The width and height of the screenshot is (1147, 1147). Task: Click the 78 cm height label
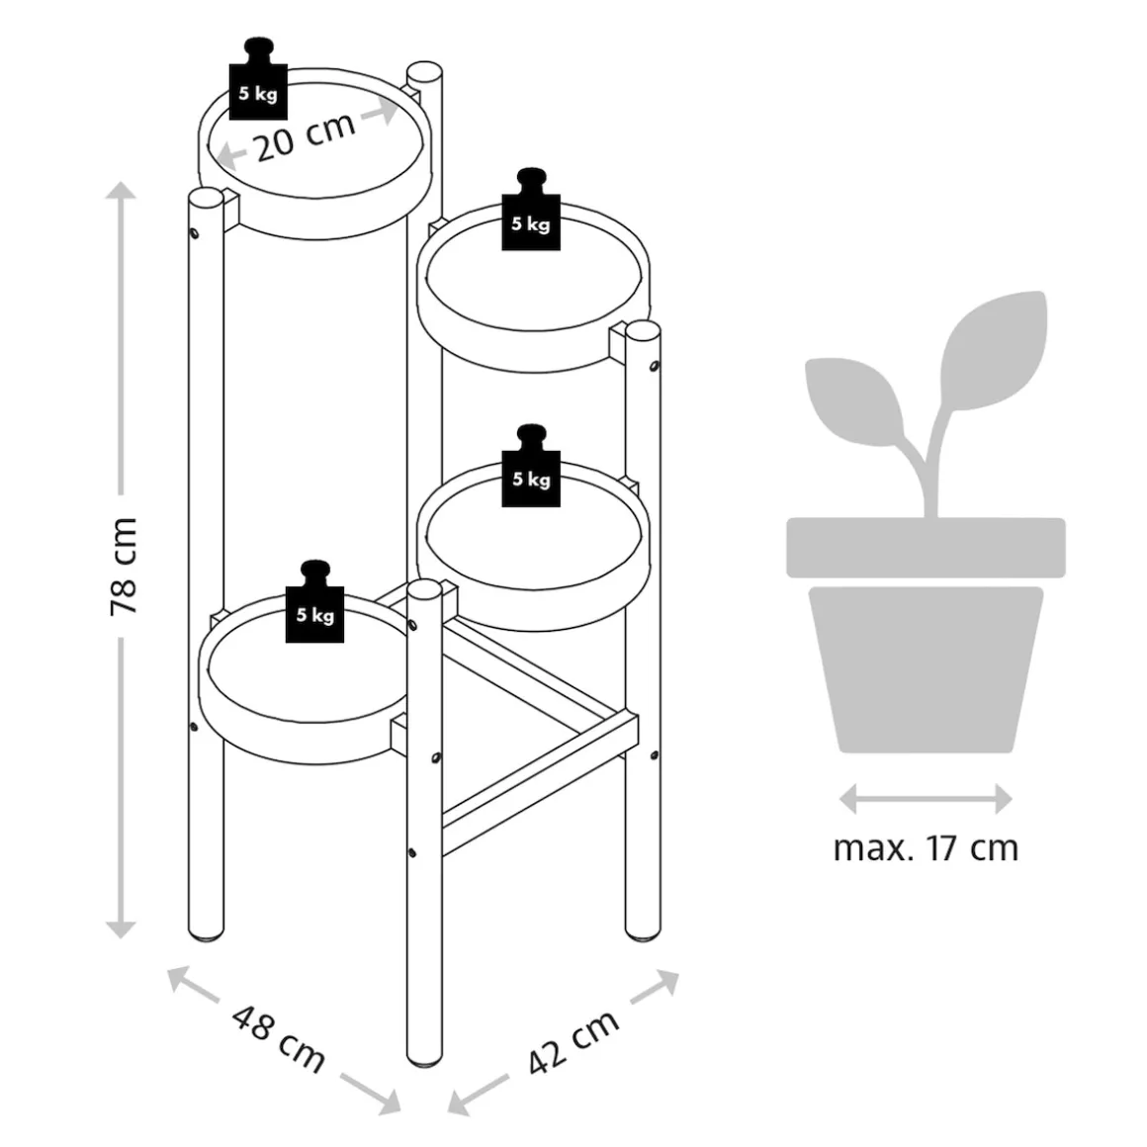(x=123, y=566)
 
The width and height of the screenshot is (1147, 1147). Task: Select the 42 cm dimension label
(x=573, y=1041)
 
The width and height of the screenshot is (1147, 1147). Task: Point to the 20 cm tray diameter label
(x=305, y=137)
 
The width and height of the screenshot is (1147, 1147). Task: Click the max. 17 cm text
(x=926, y=848)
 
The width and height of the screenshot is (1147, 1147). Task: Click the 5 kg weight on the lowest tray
(x=314, y=605)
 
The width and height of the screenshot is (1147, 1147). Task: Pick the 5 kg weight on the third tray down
(x=531, y=471)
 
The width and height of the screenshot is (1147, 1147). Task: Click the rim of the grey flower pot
(x=926, y=547)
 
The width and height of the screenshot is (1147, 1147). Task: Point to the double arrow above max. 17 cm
(x=926, y=799)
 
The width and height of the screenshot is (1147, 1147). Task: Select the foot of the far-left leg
(x=207, y=929)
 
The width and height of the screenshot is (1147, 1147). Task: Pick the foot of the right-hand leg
(x=643, y=929)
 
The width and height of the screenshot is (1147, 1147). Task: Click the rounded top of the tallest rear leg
(x=424, y=74)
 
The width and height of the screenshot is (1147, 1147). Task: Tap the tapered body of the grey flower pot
(x=926, y=667)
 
